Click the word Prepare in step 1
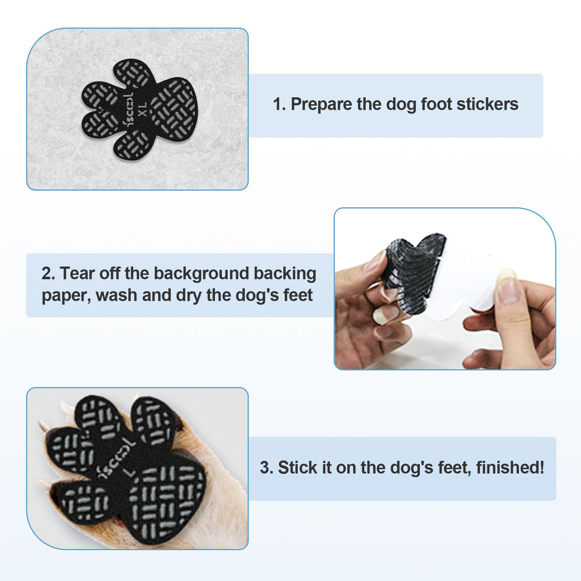pos(321,105)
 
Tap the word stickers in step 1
pos(488,104)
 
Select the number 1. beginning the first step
pos(279,105)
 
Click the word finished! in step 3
pos(510,468)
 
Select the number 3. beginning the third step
pos(266,468)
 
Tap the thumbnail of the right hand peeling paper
pos(508,286)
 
